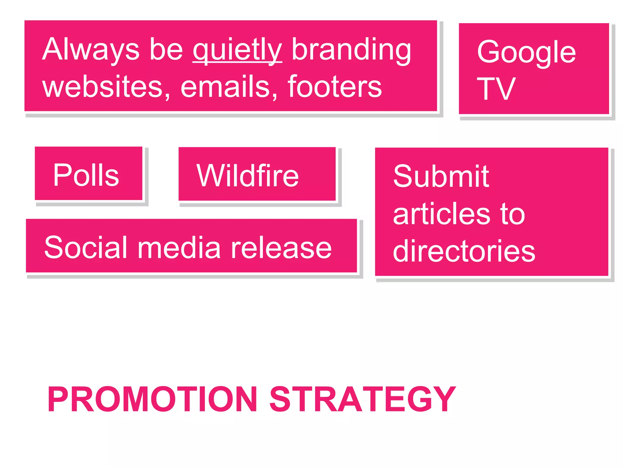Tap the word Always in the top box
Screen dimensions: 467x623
click(91, 50)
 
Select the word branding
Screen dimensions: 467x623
click(351, 50)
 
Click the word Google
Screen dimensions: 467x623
click(526, 52)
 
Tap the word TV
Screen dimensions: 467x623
click(496, 89)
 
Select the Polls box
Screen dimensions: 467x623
click(89, 174)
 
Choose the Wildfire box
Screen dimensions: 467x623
click(257, 174)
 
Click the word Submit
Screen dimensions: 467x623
click(441, 176)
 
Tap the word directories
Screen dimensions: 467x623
click(464, 251)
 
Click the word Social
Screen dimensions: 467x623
click(85, 248)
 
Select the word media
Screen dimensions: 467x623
click(179, 248)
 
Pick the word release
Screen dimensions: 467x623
click(281, 248)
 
